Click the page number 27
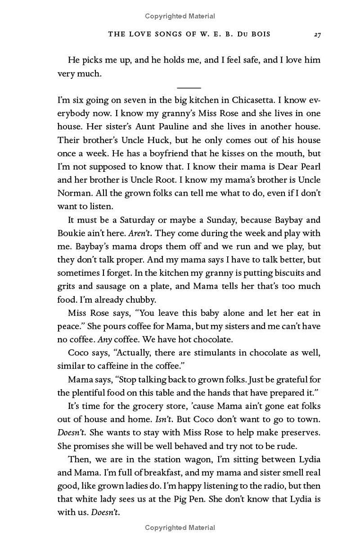point(317,35)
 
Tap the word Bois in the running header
point(259,35)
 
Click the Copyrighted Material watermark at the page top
point(180,16)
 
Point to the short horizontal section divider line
point(189,88)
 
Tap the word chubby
point(141,299)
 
